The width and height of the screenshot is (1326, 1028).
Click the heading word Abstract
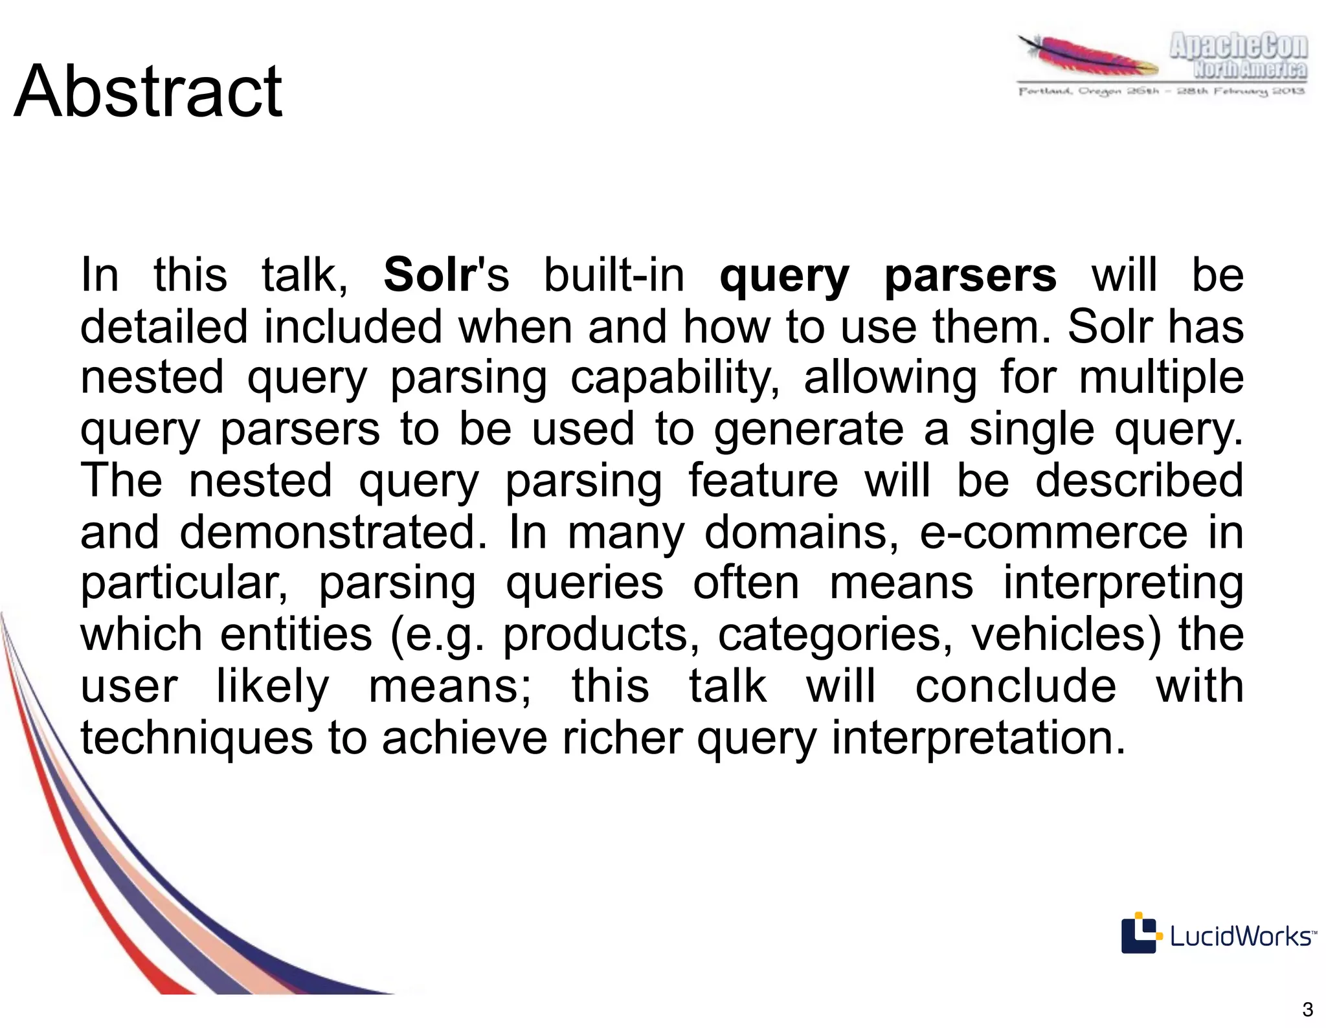pos(148,92)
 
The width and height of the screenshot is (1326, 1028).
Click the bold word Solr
pos(429,275)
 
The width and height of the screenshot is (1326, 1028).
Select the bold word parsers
pos(971,275)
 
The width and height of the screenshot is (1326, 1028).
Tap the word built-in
pos(614,275)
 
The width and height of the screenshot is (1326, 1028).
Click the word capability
pos(675,377)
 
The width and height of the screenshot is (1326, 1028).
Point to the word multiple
pos(1161,377)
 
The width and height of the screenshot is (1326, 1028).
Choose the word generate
pos(809,429)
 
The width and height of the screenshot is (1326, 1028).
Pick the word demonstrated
pos(333,531)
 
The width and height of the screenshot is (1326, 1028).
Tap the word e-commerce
pos(1053,531)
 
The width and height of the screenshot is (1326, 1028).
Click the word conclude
pos(1015,686)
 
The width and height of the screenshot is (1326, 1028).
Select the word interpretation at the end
pos(978,737)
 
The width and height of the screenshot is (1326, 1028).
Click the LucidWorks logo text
pos(1241,936)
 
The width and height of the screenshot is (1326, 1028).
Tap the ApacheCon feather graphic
pos(1088,57)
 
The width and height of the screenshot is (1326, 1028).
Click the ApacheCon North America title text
pos(1237,57)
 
